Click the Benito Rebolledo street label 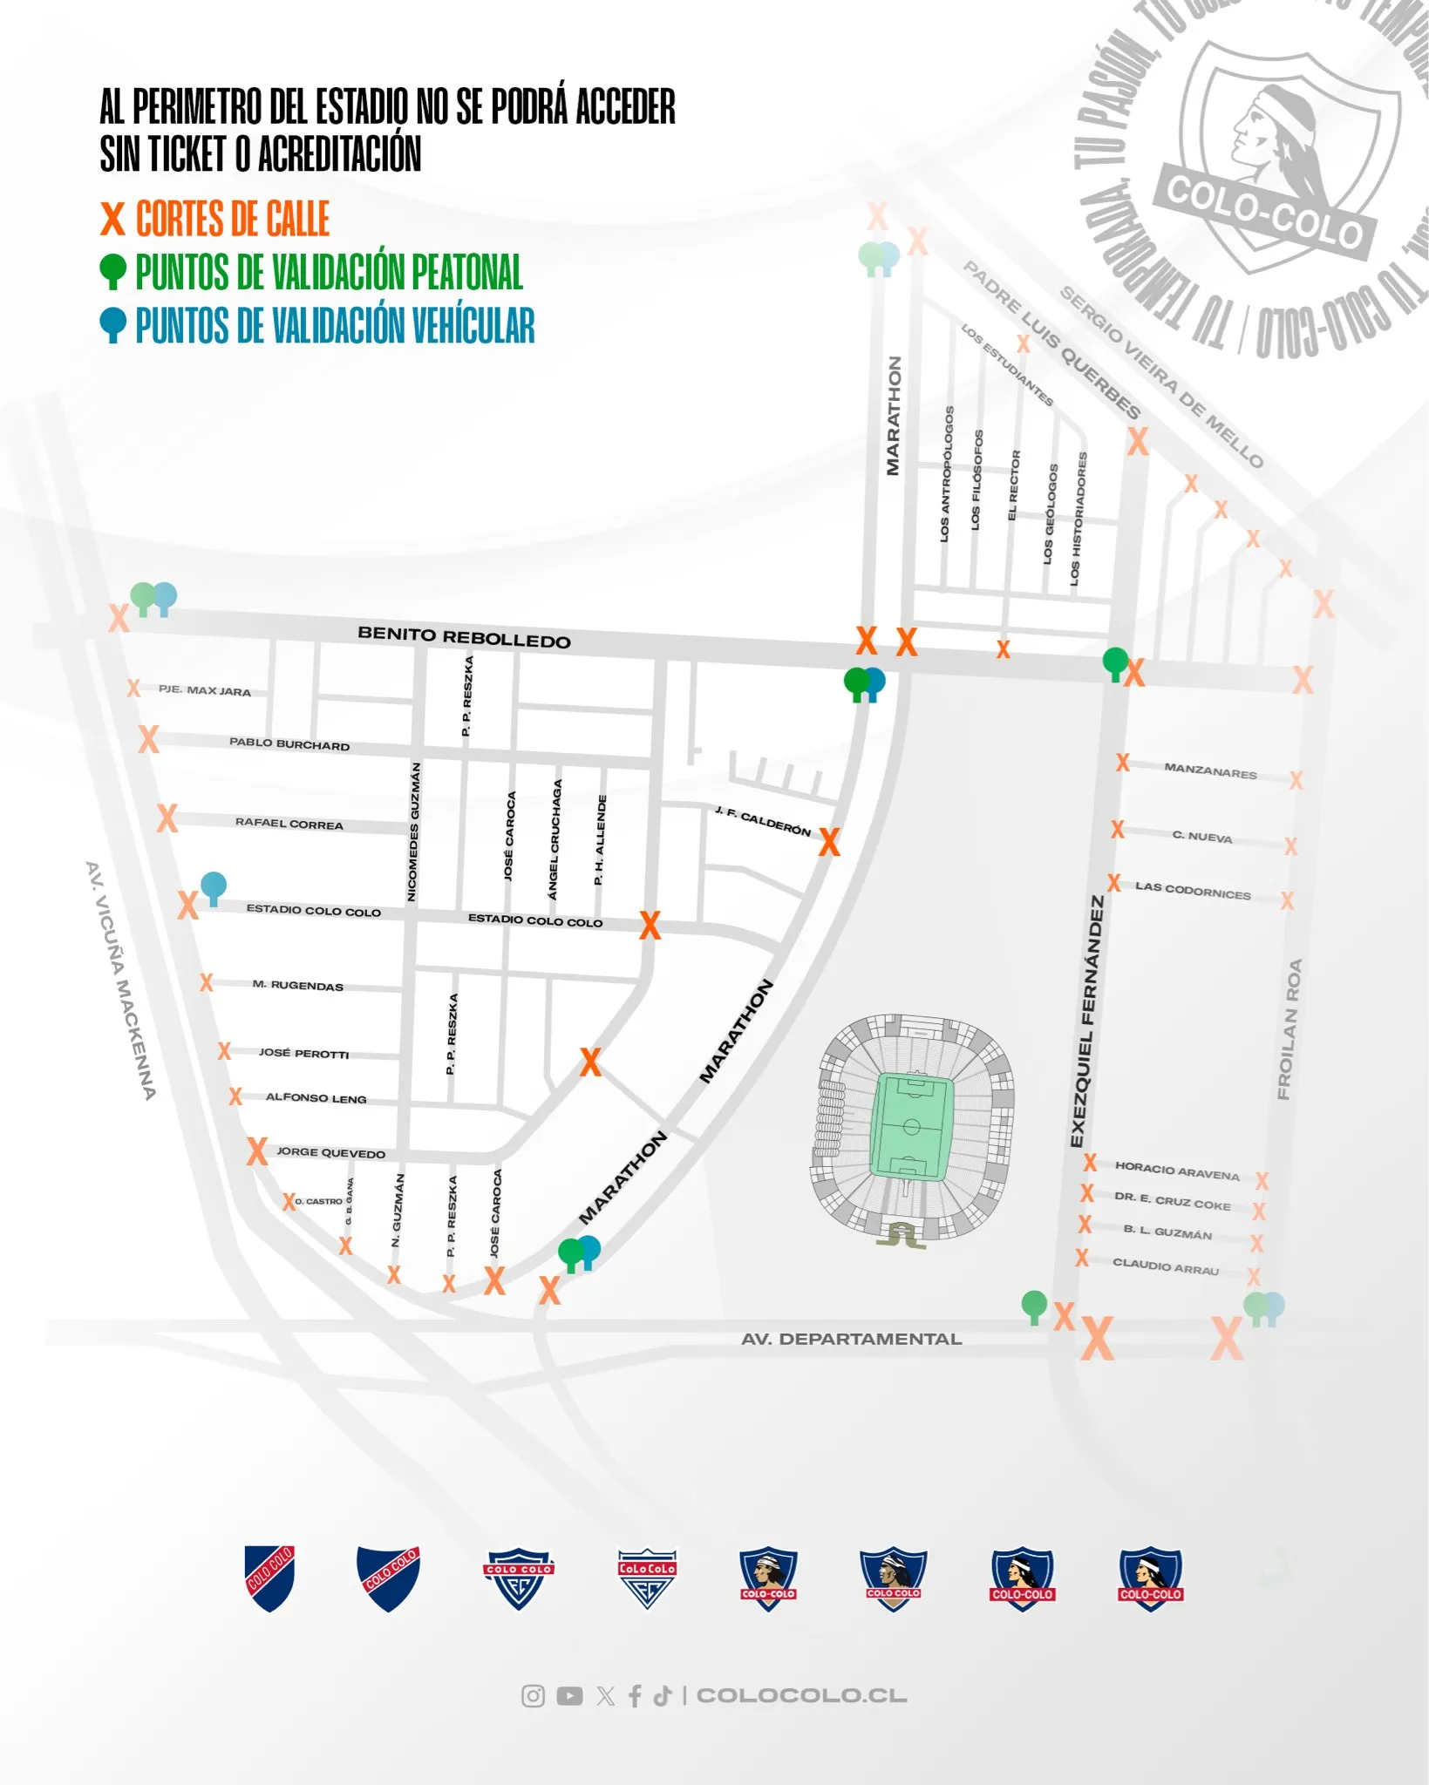click(464, 637)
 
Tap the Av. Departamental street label click(851, 1339)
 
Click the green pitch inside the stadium click(912, 1126)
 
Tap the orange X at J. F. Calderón click(829, 842)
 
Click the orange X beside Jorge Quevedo click(256, 1151)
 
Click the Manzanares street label click(1210, 770)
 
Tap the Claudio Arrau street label click(1165, 1266)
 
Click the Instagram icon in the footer click(533, 1695)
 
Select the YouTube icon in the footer click(569, 1695)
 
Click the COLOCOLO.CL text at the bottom click(801, 1695)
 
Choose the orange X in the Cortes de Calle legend click(112, 219)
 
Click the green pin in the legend click(112, 271)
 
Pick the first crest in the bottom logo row click(269, 1578)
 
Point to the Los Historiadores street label click(1079, 518)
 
